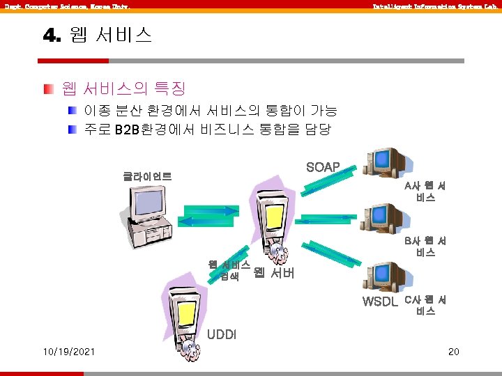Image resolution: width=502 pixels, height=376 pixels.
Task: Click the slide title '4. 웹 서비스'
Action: click(x=98, y=36)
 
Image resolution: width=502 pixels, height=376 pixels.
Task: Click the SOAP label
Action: click(x=323, y=167)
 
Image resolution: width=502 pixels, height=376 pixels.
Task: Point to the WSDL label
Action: click(x=380, y=301)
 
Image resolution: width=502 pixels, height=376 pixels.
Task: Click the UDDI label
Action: click(x=221, y=334)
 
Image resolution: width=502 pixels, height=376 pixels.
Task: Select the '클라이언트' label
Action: click(x=148, y=176)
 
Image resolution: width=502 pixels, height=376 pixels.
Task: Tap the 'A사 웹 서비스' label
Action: click(x=425, y=192)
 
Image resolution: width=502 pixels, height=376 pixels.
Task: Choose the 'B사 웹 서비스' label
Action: click(x=425, y=246)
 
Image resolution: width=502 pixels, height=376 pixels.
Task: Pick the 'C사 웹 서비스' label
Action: click(x=425, y=306)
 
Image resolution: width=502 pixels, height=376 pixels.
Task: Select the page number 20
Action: click(x=453, y=351)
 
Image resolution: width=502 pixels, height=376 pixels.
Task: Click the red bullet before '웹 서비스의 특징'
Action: click(x=47, y=89)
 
